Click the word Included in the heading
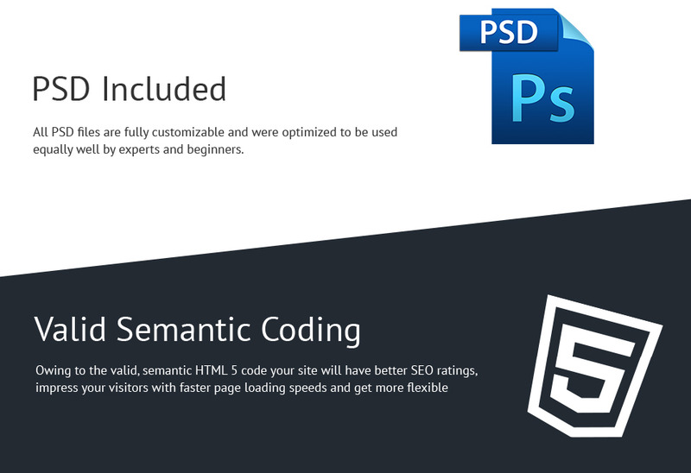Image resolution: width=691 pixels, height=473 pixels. coord(164,89)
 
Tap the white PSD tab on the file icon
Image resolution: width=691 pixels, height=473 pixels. coord(509,32)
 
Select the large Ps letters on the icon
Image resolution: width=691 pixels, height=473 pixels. coord(543,98)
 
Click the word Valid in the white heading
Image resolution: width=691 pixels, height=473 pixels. coord(71,329)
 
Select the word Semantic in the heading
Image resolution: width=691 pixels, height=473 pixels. coord(183,329)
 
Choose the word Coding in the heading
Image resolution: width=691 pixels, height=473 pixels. coord(311,331)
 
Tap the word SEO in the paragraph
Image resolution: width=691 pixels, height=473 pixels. coord(422,370)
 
